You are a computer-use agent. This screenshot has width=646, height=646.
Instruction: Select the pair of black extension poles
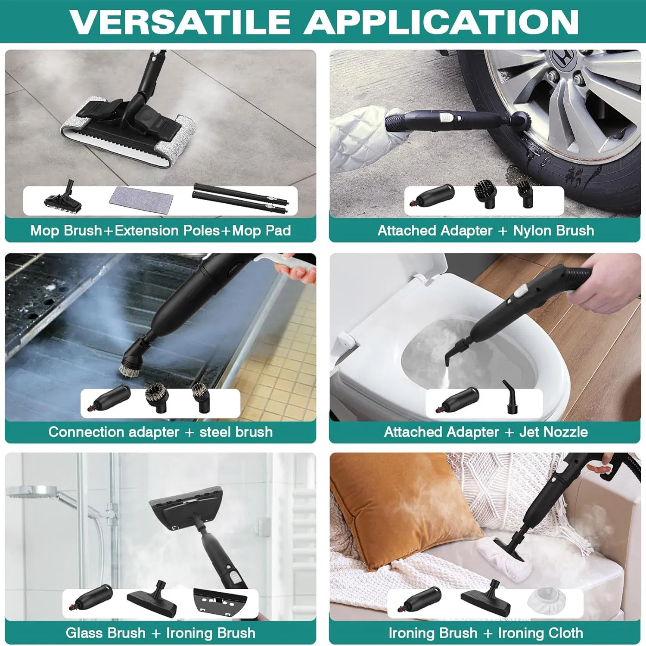click(240, 198)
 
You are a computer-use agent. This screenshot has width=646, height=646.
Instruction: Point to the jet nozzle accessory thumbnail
click(510, 397)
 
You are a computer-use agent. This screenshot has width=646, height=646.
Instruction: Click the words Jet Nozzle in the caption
click(553, 432)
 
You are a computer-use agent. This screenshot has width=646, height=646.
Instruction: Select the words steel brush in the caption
click(236, 432)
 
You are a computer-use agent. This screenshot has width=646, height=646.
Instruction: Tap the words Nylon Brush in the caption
click(553, 231)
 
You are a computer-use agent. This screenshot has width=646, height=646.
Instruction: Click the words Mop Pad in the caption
click(261, 231)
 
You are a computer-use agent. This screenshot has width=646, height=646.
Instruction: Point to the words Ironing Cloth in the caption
click(540, 633)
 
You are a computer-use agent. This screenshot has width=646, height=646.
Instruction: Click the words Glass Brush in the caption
click(106, 633)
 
